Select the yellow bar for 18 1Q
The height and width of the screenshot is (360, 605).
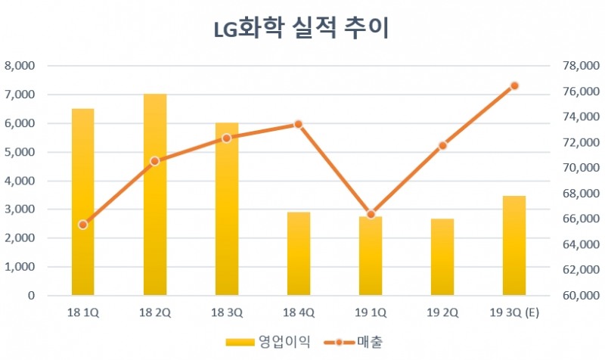pyautogui.click(x=83, y=202)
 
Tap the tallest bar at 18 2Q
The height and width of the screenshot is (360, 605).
pyautogui.click(x=155, y=194)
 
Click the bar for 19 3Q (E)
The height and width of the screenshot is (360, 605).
pyautogui.click(x=514, y=246)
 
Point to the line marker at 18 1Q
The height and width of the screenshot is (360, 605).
pyautogui.click(x=83, y=225)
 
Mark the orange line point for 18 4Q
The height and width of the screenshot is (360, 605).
pyautogui.click(x=299, y=123)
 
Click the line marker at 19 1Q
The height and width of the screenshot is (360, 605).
pyautogui.click(x=371, y=215)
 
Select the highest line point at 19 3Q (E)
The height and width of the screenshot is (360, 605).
pyautogui.click(x=514, y=85)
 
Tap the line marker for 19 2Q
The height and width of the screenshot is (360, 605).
pyautogui.click(x=442, y=145)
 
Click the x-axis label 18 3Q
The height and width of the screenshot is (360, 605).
pyautogui.click(x=227, y=312)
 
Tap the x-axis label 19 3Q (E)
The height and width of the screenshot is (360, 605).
pyautogui.click(x=514, y=312)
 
